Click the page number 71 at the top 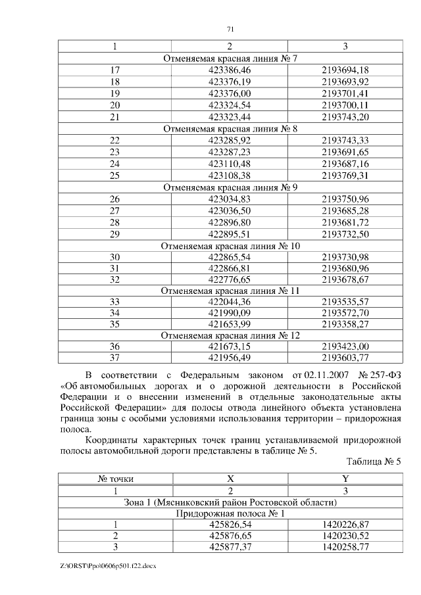[230, 29]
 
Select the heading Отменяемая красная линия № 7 [230, 59]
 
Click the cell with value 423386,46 [230, 70]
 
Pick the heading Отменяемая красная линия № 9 [230, 187]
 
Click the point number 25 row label [115, 175]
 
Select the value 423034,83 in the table [230, 199]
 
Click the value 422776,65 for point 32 [230, 280]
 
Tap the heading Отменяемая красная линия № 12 [230, 335]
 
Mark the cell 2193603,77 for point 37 [345, 358]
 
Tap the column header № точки [115, 480]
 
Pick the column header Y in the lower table [345, 480]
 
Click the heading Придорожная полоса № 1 [230, 513]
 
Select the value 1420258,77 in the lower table [345, 548]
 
